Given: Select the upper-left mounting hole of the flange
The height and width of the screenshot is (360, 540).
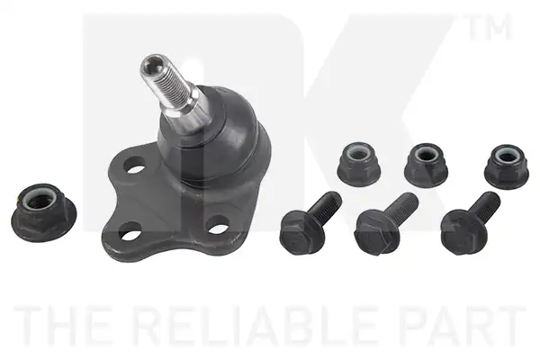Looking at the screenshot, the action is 133,164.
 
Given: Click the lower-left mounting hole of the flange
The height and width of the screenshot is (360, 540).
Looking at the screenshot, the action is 130,231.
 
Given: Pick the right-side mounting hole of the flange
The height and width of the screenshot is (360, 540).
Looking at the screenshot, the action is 219,224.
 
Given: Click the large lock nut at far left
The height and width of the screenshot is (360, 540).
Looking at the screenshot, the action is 44,212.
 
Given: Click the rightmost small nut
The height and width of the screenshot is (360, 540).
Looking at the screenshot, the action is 507,166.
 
